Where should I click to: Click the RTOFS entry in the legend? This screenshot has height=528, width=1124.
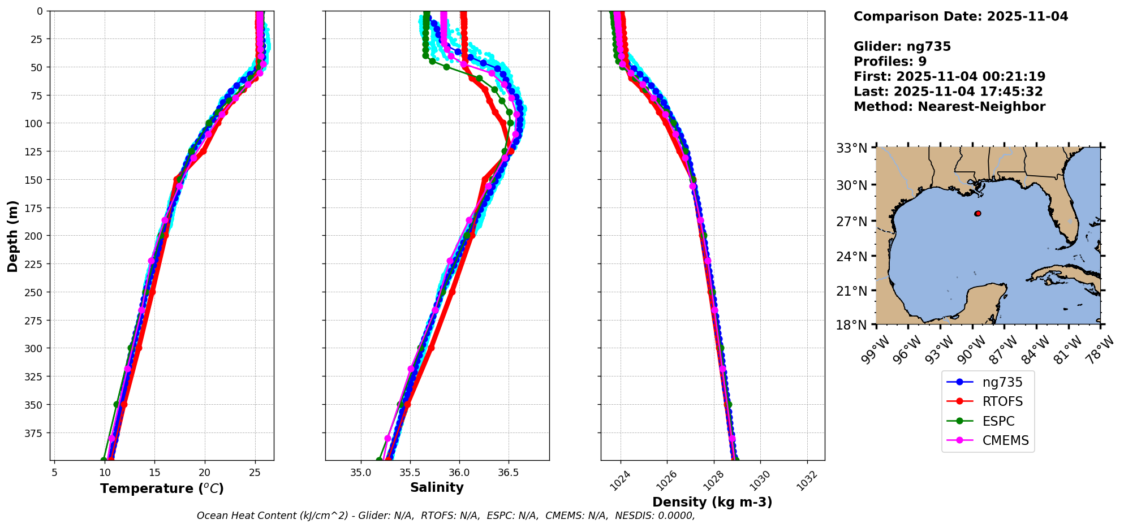[x=1002, y=402]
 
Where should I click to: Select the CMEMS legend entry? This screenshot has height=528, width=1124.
[x=1005, y=441]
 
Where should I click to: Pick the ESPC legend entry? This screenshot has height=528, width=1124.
[x=998, y=422]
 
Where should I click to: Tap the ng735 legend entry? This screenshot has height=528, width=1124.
[x=1002, y=382]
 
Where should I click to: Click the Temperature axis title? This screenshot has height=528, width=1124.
[x=162, y=489]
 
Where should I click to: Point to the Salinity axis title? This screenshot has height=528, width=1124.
[x=437, y=488]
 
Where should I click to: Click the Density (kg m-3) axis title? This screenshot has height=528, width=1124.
[x=712, y=502]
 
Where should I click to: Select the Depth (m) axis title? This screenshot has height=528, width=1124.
[x=12, y=236]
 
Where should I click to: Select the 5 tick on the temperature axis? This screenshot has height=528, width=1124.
[x=54, y=471]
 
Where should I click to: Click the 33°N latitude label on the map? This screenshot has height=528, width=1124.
[x=852, y=149]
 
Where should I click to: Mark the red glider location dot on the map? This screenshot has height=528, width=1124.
[x=977, y=214]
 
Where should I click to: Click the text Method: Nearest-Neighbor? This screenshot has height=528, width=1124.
[x=949, y=107]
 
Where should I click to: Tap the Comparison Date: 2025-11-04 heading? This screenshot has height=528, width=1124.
[x=961, y=16]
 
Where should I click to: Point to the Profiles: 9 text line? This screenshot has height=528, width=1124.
[x=890, y=62]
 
